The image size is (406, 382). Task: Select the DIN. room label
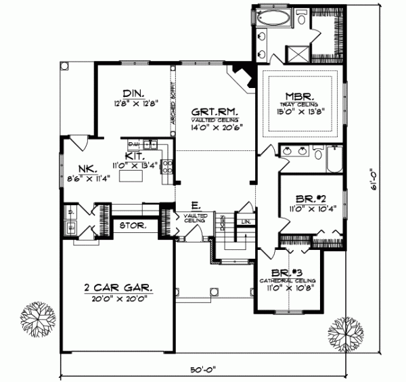pyautogui.click(x=131, y=93)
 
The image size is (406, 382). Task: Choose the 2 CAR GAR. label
pyautogui.click(x=118, y=286)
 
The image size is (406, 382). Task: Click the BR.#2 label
pyautogui.click(x=311, y=199)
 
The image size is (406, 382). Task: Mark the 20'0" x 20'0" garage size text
pyautogui.click(x=120, y=299)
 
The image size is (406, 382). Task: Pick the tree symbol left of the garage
pyautogui.click(x=37, y=318)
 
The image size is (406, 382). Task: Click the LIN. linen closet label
pyautogui.click(x=246, y=221)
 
